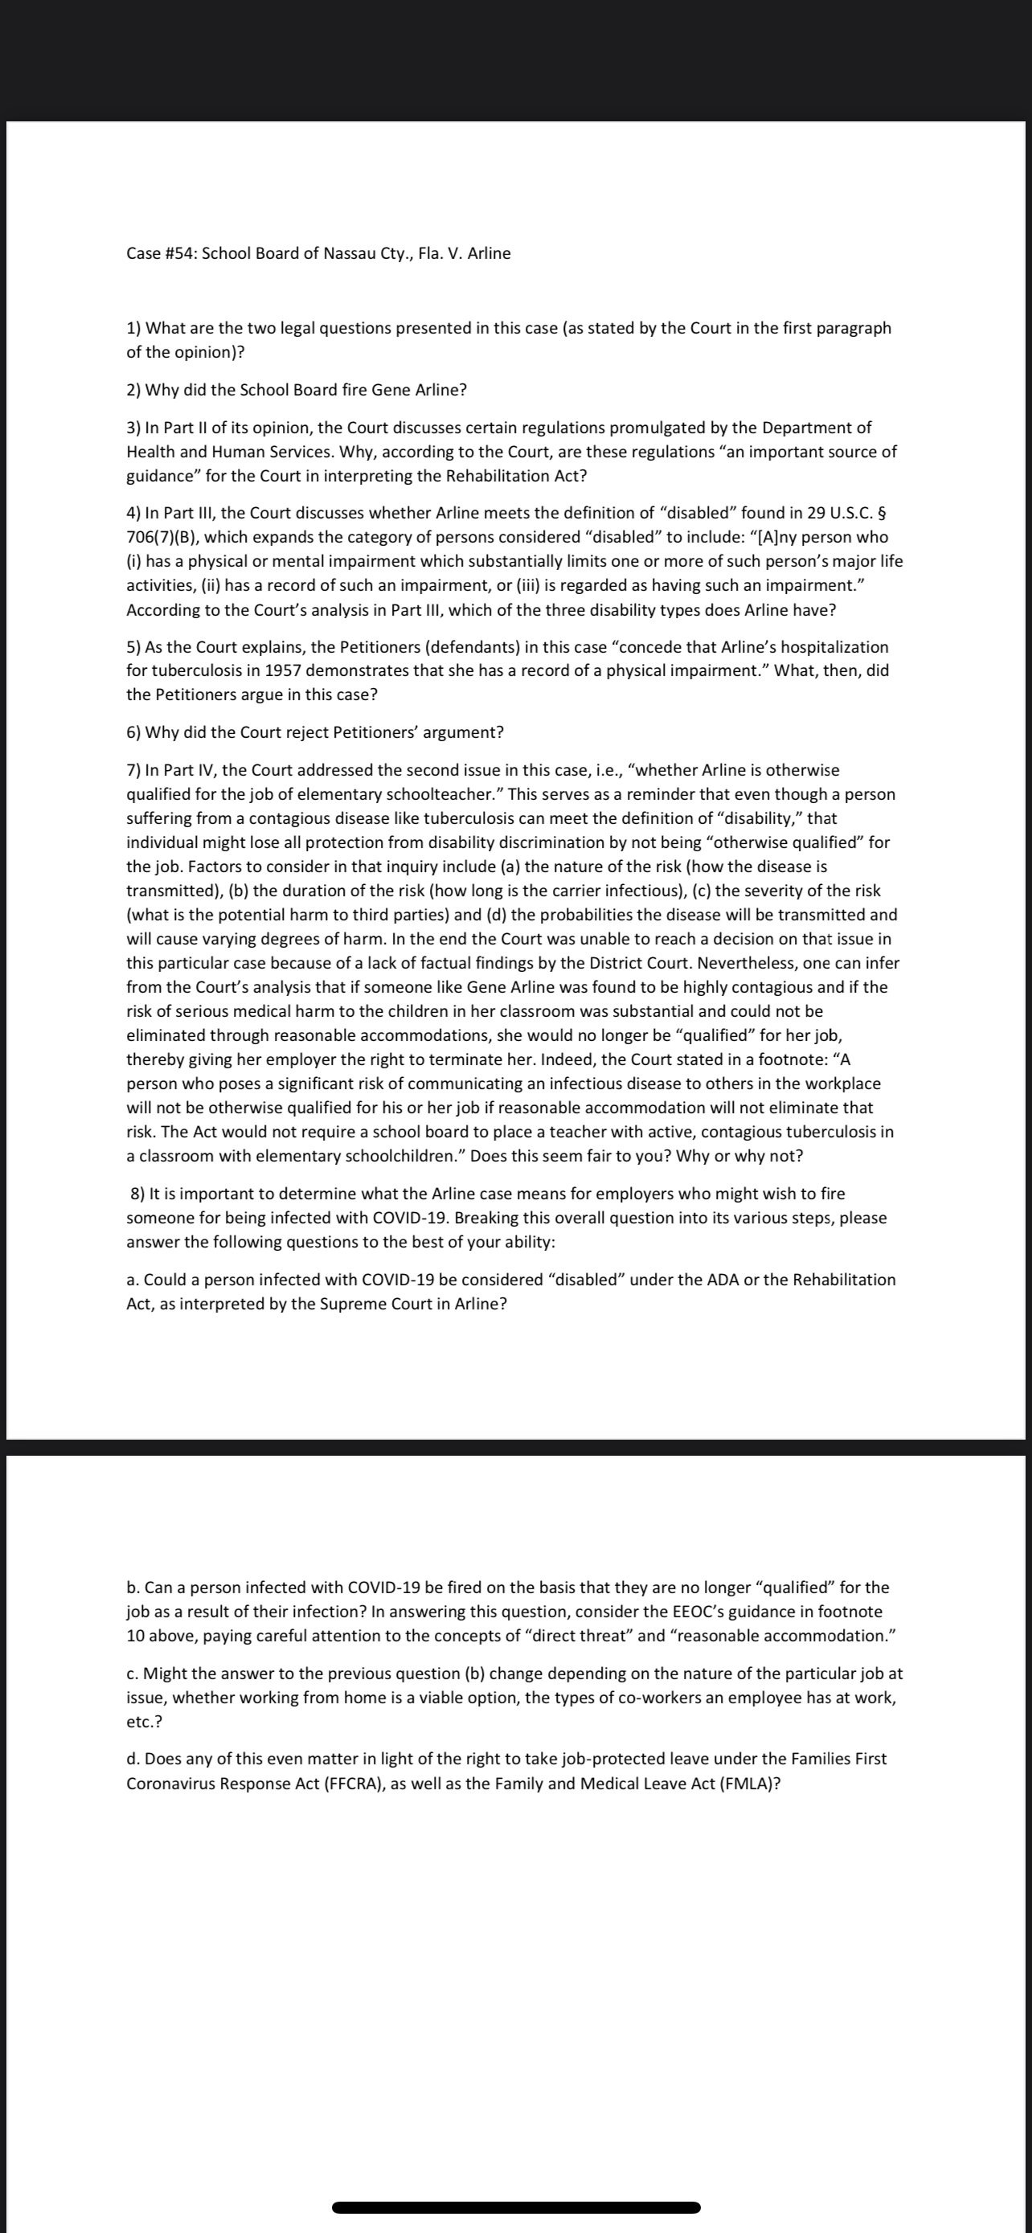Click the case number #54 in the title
(180, 253)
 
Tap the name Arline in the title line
(489, 253)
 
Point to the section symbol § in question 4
(881, 513)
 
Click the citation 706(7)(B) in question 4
(162, 538)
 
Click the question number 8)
(137, 1194)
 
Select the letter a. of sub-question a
(133, 1280)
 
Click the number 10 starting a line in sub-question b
(135, 1636)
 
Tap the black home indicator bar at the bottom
(515, 2208)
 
